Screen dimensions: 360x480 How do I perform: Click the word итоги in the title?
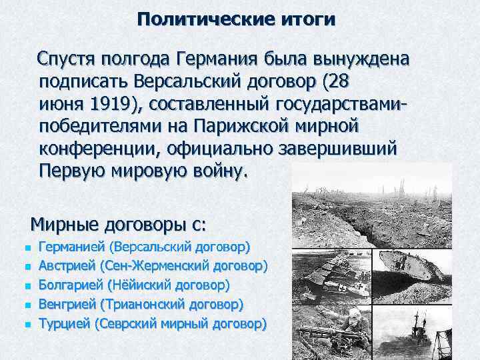[307, 19]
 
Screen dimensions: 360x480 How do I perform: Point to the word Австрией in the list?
[67, 266]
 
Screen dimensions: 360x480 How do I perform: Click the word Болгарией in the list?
[71, 285]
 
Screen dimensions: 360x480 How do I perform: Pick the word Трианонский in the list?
[144, 305]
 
